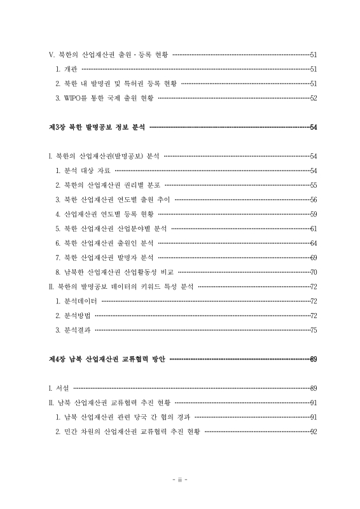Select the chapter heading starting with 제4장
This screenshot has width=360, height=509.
click(107, 359)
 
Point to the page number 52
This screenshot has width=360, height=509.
click(313, 98)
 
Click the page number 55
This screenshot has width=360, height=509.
click(313, 185)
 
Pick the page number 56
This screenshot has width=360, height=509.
click(313, 199)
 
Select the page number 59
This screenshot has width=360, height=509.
click(313, 214)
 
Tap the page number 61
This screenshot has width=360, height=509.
click(313, 228)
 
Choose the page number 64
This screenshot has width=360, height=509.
click(313, 243)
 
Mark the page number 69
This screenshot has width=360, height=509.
click(313, 258)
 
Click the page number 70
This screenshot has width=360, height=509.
click(313, 272)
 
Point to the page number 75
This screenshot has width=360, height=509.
click(313, 330)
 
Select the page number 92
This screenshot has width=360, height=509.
click(313, 431)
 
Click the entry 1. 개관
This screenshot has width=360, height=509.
click(66, 69)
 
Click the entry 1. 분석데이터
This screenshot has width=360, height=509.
click(76, 301)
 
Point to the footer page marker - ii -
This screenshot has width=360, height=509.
click(180, 479)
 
